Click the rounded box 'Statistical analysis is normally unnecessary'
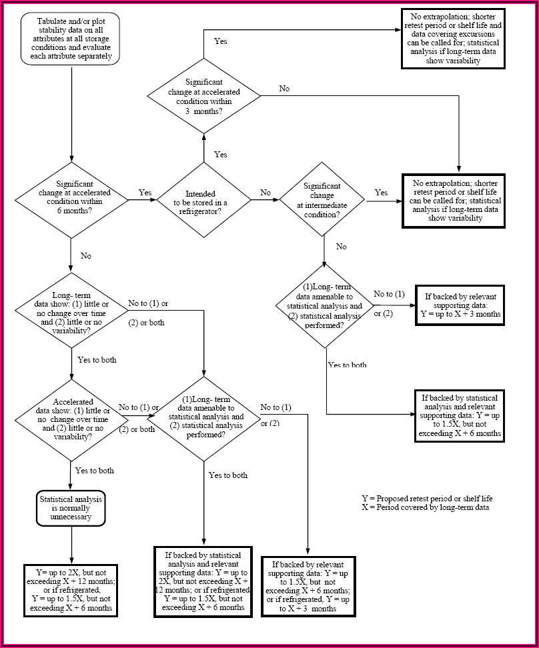click(x=71, y=507)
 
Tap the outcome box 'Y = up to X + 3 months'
click(x=460, y=305)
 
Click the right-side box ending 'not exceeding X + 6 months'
click(x=460, y=415)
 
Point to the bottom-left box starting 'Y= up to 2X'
click(x=71, y=590)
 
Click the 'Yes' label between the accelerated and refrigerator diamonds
click(x=145, y=193)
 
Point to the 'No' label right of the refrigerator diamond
click(x=265, y=193)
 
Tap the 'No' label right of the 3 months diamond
click(x=284, y=89)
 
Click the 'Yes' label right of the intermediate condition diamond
click(x=381, y=193)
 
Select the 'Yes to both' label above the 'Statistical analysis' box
click(x=94, y=471)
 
